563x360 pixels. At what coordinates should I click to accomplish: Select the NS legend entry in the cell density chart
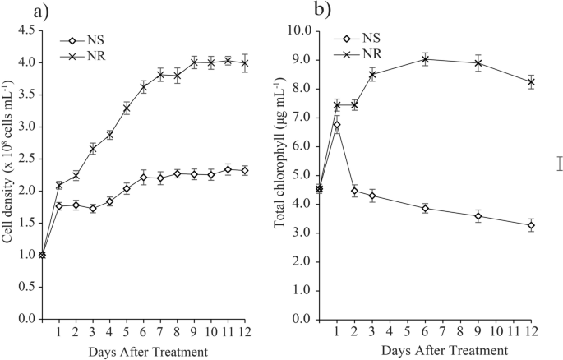[x=97, y=38]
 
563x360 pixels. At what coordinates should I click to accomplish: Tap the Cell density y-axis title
[x=10, y=174]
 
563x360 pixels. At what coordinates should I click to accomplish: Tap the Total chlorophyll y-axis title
[x=285, y=174]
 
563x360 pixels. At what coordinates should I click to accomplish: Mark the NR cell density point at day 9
[x=195, y=62]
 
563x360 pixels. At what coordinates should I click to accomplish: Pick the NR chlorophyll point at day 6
[x=426, y=58]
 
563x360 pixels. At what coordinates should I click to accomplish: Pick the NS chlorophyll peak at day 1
[x=337, y=124]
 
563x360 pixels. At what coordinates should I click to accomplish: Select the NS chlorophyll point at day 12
[x=532, y=224]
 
